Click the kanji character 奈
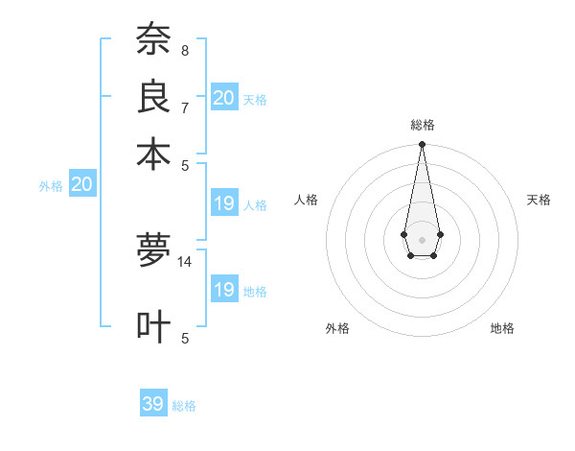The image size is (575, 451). click(x=152, y=39)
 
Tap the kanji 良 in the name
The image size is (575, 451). click(x=152, y=96)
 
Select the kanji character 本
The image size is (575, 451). click(x=152, y=154)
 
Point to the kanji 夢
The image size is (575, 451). click(x=152, y=252)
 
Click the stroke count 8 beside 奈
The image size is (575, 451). click(x=184, y=51)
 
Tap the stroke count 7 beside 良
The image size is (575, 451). click(x=184, y=107)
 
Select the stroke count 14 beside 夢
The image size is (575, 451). click(x=185, y=261)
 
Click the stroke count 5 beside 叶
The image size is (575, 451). click(x=184, y=337)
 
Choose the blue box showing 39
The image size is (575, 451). click(x=153, y=404)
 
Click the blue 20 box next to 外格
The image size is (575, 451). click(x=81, y=185)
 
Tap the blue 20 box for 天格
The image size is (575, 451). click(x=223, y=98)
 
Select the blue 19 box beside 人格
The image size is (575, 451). click(x=223, y=203)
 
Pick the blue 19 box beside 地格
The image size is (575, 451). click(x=223, y=290)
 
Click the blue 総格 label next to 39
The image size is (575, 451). click(x=185, y=406)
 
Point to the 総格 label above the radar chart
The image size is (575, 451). click(x=422, y=126)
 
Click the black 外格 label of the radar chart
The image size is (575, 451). click(x=337, y=328)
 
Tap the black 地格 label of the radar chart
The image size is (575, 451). click(x=502, y=328)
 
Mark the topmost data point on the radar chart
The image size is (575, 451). click(x=422, y=145)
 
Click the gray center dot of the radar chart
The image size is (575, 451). click(x=422, y=238)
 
